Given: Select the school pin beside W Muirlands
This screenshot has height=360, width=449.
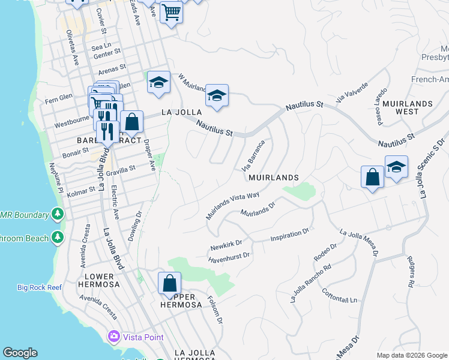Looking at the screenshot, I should (217, 96).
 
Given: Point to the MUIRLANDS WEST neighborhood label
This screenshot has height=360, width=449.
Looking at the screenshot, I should (408, 107).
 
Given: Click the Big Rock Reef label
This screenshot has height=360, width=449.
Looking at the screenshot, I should (40, 287).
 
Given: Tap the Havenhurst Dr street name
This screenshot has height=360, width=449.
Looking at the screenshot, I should (229, 256).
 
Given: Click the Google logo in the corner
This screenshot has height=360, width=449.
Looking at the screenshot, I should (20, 353).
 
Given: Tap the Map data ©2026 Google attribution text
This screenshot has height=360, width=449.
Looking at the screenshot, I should (411, 355).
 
